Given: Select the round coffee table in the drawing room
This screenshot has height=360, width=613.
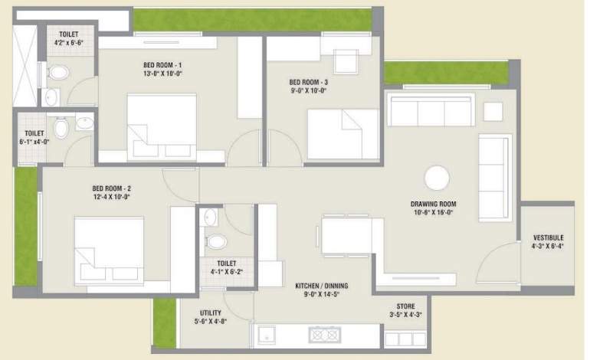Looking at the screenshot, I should click(438, 178).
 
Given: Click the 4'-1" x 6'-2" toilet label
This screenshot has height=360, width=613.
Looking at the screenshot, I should click(221, 267).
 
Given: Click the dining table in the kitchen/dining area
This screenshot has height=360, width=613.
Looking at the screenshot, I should click(346, 236).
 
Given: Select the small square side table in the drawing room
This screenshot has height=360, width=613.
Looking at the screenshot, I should click(493, 111).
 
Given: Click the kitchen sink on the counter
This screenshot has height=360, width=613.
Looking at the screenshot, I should click(267, 335).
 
